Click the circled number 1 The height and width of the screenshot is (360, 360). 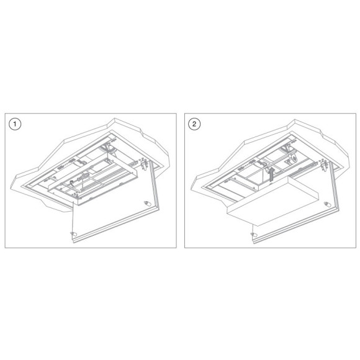coord(15,124)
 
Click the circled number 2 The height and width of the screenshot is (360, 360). coord(194,124)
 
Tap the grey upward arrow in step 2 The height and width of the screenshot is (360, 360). coord(272,174)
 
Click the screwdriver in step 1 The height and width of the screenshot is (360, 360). coord(82,178)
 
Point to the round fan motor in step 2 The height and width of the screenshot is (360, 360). coord(294,159)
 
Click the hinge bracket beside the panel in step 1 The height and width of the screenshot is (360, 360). coord(144,164)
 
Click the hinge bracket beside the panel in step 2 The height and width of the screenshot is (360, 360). coord(324,164)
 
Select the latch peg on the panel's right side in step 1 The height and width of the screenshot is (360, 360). coord(146,204)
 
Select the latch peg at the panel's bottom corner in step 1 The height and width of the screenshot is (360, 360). coord(74,234)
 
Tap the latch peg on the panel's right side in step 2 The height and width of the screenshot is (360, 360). coord(326,204)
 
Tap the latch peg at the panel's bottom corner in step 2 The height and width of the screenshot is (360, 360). coord(253,234)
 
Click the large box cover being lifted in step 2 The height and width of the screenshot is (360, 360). coord(272,200)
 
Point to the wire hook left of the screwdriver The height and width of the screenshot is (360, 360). coord(72,182)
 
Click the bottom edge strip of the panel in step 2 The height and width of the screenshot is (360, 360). coord(296,225)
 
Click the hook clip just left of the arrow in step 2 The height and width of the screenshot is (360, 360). coord(268,170)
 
